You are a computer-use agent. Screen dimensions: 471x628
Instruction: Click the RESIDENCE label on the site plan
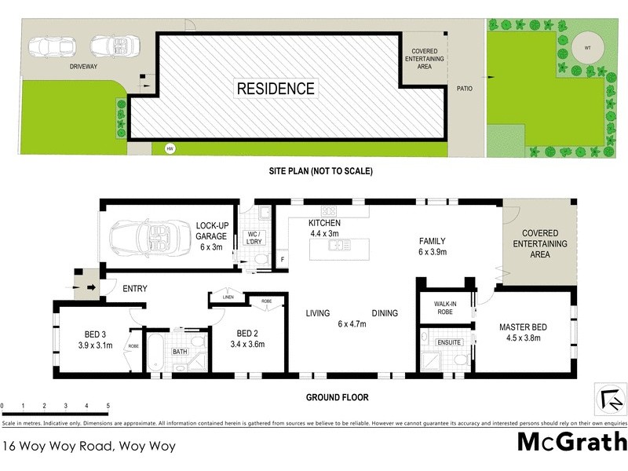tap(276, 89)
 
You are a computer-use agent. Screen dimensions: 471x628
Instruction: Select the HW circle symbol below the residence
tap(168, 148)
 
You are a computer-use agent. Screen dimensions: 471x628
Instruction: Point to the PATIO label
tap(466, 89)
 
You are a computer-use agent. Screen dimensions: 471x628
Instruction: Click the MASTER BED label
tap(526, 333)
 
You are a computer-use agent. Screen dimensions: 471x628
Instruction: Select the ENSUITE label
tap(450, 342)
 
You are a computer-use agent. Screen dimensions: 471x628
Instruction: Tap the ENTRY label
tap(135, 288)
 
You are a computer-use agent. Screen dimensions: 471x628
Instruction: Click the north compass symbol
tap(612, 400)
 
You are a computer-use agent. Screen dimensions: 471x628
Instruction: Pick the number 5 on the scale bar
tap(108, 406)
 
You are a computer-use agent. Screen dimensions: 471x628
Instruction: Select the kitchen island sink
tap(338, 246)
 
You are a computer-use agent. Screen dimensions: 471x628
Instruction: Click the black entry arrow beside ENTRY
tap(91, 287)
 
